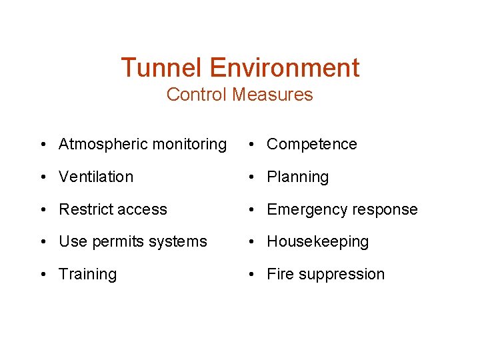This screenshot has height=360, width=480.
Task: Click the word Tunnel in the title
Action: click(x=162, y=67)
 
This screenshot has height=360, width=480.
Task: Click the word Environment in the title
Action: click(x=285, y=67)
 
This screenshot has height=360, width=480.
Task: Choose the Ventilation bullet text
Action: click(x=96, y=177)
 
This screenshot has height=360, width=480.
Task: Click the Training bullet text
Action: click(x=87, y=275)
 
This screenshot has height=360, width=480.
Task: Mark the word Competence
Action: click(x=312, y=144)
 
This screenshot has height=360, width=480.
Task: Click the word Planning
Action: click(x=298, y=177)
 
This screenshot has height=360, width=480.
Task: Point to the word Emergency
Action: click(x=305, y=210)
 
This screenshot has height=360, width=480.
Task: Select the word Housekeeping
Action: click(x=317, y=242)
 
